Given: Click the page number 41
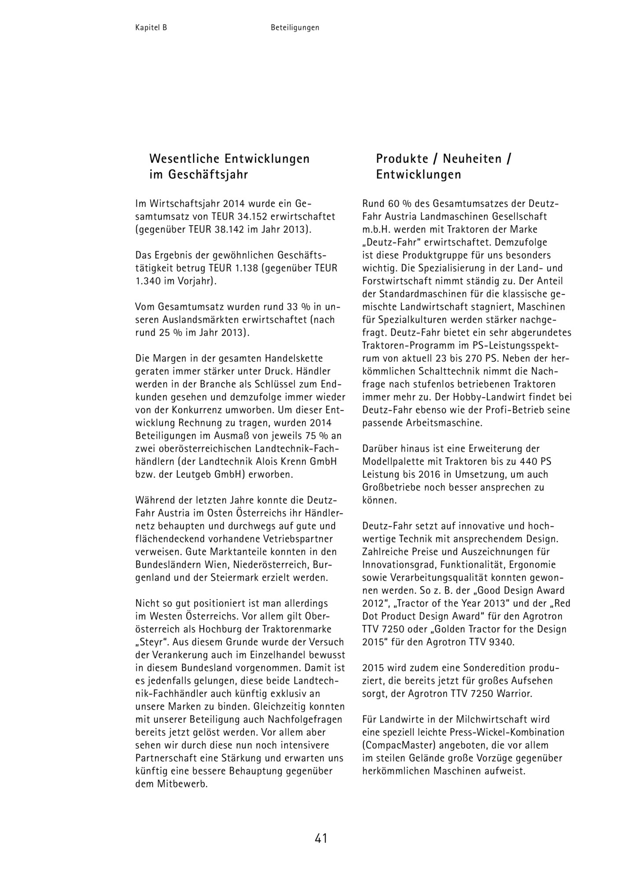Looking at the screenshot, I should pyautogui.click(x=321, y=838).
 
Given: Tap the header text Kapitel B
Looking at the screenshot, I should pyautogui.click(x=151, y=28).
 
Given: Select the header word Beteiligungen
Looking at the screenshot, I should pyautogui.click(x=295, y=28).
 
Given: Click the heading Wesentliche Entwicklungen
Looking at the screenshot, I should pyautogui.click(x=229, y=159).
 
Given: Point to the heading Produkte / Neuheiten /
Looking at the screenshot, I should pyautogui.click(x=443, y=159).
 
